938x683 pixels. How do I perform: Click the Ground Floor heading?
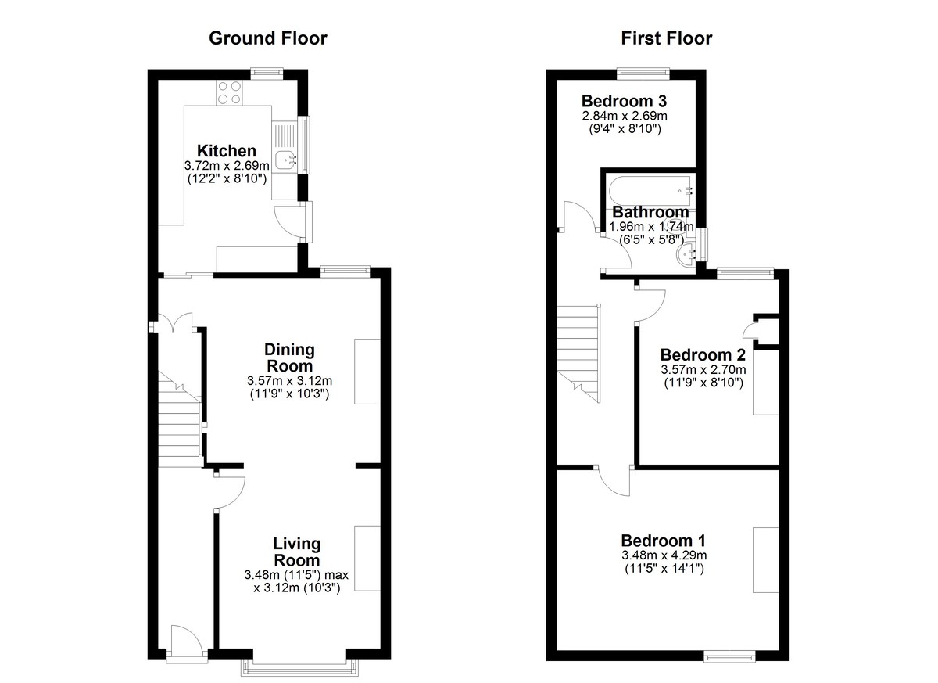[x=267, y=38]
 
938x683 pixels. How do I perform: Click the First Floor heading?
[x=666, y=38]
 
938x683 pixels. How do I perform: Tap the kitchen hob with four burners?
[x=230, y=92]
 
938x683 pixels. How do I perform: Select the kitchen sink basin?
[x=288, y=160]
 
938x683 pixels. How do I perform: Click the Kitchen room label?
[x=227, y=150]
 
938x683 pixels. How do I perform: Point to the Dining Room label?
[x=290, y=358]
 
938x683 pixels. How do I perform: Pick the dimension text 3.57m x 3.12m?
[x=290, y=381]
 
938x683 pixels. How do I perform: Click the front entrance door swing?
[x=187, y=642]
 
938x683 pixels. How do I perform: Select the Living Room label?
[x=297, y=552]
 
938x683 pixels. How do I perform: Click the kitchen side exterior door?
[x=293, y=222]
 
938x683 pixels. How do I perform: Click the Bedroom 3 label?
[x=625, y=101]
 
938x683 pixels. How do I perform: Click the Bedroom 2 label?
[x=703, y=355]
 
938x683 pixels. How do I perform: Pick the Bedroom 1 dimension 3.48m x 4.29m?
[x=664, y=555]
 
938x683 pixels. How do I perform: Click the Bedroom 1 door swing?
[x=614, y=483]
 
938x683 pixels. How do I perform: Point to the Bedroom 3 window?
[x=643, y=74]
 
